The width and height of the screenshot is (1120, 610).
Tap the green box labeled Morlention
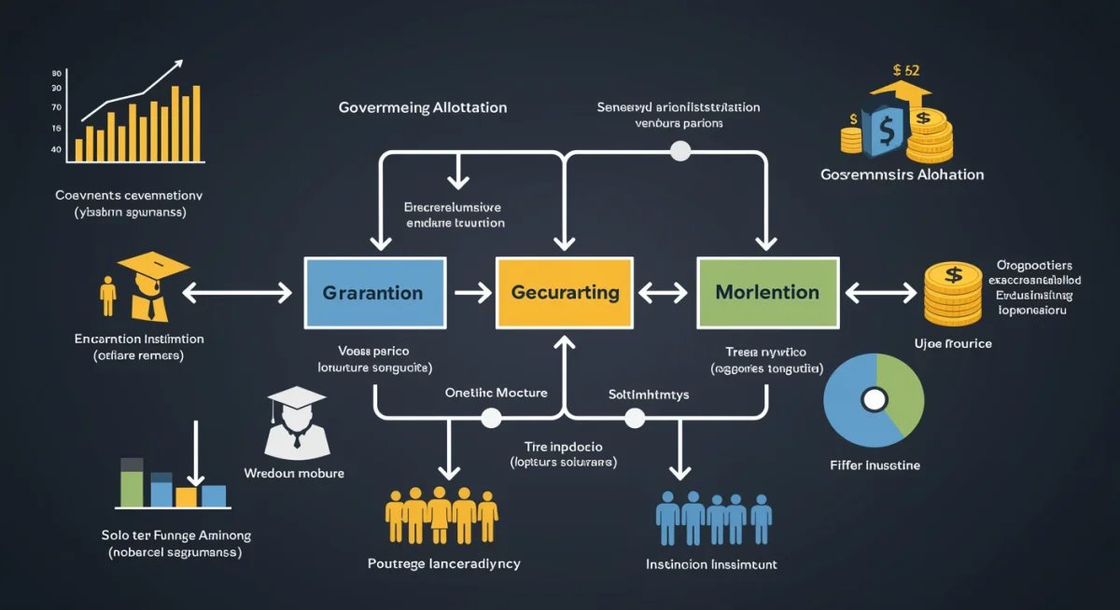(x=767, y=293)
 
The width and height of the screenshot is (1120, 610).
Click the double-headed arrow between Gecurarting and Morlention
(x=665, y=293)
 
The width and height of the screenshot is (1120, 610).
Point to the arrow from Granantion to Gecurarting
(x=471, y=293)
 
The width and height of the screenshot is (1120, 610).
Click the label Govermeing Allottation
(x=423, y=107)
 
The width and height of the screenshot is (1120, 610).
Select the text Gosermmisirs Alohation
(x=902, y=174)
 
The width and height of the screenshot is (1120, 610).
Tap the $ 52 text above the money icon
(x=905, y=69)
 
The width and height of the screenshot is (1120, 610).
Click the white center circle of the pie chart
(x=874, y=399)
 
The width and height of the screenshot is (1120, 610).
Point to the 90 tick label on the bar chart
(x=57, y=73)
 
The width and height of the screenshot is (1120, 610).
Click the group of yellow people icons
(x=441, y=516)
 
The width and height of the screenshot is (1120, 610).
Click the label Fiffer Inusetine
(x=874, y=464)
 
